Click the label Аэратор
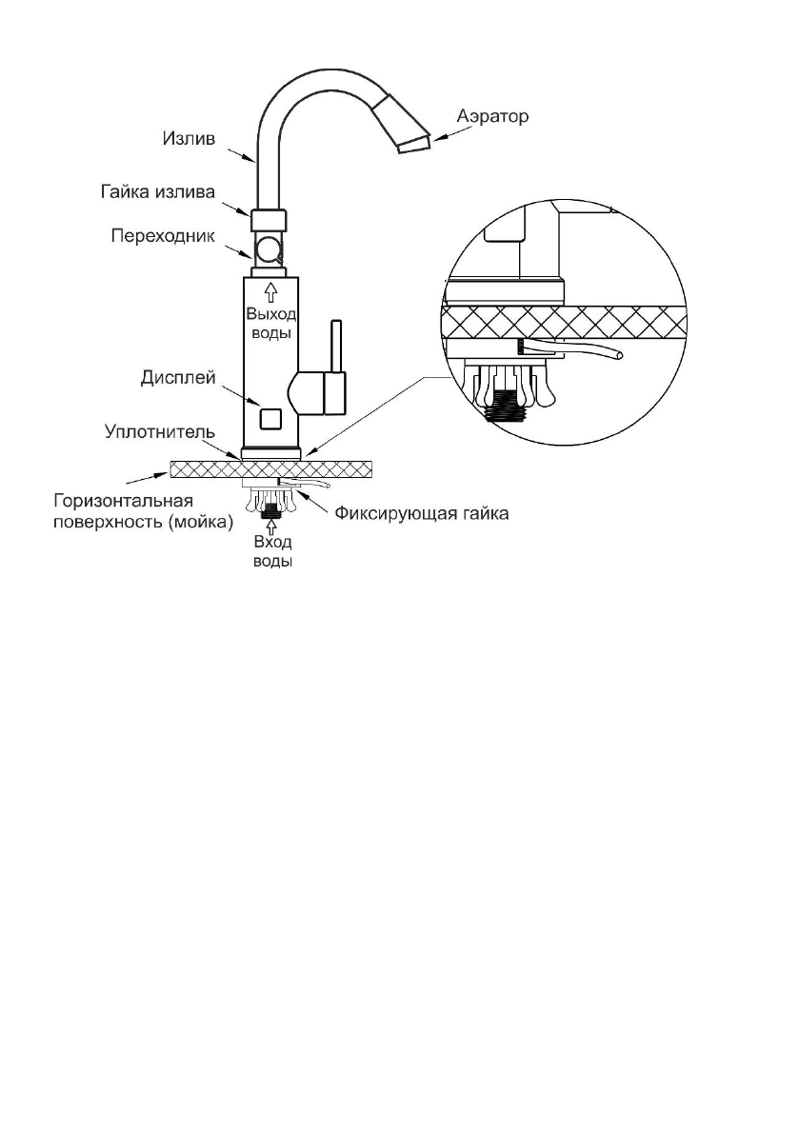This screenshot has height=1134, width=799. tap(492, 116)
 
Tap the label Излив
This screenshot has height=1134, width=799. tap(189, 139)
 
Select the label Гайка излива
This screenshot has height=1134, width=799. tap(158, 192)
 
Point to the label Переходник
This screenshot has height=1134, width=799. tap(163, 237)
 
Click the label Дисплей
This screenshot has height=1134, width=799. tap(178, 378)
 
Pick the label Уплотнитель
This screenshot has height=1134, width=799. tap(160, 432)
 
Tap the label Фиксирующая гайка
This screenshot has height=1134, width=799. tap(422, 514)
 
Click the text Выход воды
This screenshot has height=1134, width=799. tap(271, 324)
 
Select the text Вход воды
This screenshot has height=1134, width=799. tap(272, 552)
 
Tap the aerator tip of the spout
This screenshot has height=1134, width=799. tap(413, 143)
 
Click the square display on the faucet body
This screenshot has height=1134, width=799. tap(271, 418)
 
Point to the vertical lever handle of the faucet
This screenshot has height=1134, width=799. tap(336, 346)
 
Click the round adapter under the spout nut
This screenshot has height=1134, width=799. tap(269, 249)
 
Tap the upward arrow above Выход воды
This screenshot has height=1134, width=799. tap(271, 292)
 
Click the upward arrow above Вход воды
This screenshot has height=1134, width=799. tap(271, 526)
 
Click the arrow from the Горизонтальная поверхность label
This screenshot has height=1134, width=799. tap(147, 478)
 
